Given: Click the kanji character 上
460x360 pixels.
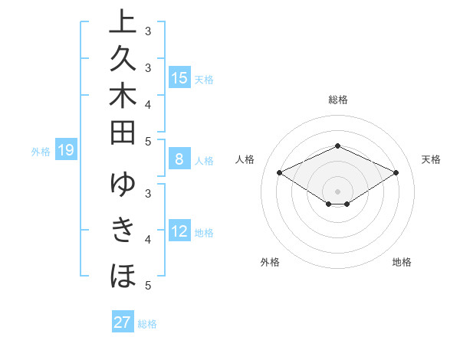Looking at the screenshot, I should click(123, 23).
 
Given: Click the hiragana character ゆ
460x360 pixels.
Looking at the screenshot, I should click(123, 185).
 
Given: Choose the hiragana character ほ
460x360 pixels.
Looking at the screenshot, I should click(123, 275).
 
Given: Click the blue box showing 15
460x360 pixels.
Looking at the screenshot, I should click(179, 78).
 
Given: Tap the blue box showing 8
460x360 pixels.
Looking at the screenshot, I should click(179, 160).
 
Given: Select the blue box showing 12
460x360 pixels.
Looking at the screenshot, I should click(179, 232).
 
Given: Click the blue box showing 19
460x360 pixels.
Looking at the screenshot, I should click(66, 151).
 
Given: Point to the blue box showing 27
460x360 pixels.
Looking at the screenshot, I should click(122, 322).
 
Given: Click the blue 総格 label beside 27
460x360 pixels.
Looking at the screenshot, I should click(147, 324).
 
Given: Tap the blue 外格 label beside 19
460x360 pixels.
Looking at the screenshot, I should click(41, 152).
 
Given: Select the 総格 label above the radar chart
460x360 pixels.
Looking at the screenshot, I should click(337, 100).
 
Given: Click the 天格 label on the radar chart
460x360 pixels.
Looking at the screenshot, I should click(431, 159).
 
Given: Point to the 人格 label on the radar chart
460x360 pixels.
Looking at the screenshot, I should click(245, 159).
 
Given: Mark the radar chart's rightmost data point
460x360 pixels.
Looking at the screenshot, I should click(396, 172).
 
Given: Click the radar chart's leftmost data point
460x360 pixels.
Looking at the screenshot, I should click(280, 172).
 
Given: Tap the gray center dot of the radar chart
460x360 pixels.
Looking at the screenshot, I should click(337, 191).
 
